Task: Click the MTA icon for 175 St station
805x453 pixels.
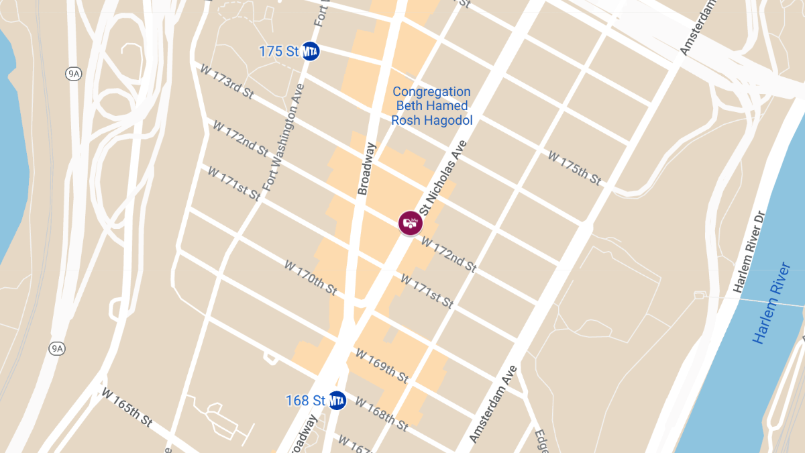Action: [310, 51]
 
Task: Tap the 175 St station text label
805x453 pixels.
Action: [278, 52]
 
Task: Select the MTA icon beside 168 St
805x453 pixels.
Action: [336, 401]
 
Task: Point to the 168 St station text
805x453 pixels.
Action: [305, 401]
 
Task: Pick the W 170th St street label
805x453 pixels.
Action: [310, 277]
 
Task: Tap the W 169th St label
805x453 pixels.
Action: [382, 366]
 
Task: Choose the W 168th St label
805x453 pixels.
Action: [381, 414]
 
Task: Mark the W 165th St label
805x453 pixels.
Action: [127, 406]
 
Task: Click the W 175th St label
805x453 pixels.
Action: [574, 168]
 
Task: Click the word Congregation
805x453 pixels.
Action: [431, 91]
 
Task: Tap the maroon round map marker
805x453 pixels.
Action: [409, 223]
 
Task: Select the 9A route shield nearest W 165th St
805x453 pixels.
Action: [57, 348]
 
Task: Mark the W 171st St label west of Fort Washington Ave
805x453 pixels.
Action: [233, 183]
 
